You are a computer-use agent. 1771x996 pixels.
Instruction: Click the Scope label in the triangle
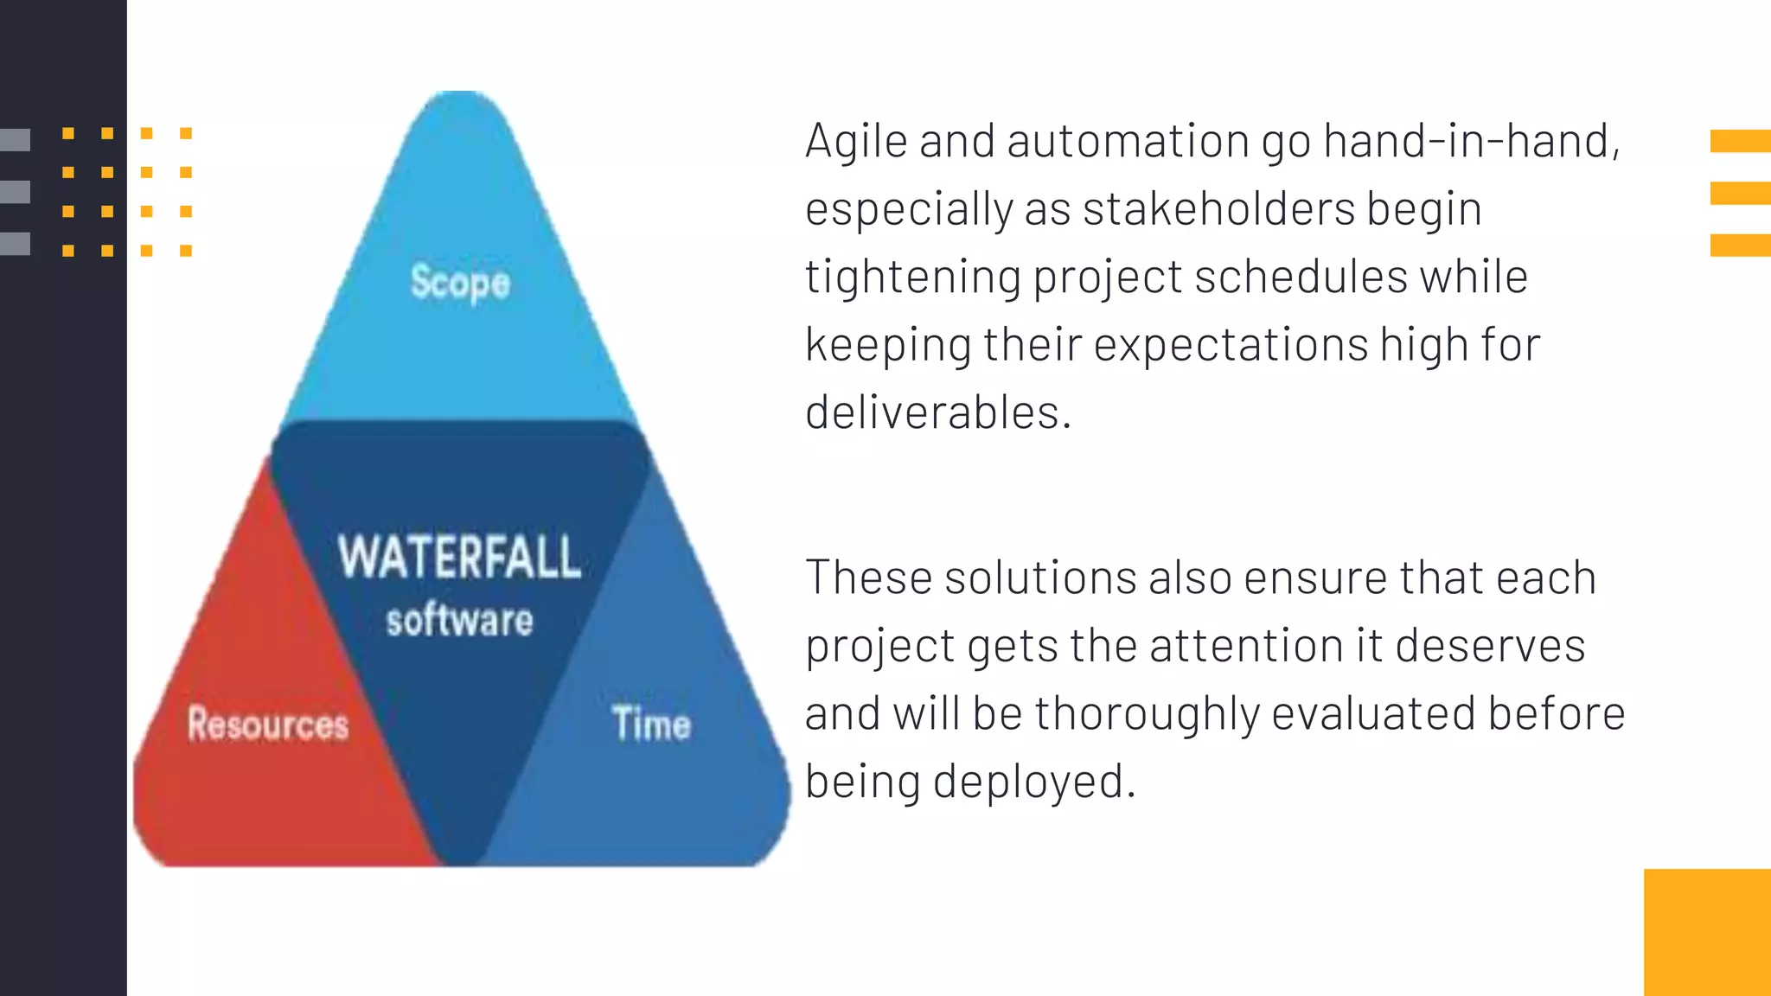pos(460,283)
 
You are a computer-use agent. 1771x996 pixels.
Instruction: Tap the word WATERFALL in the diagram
pos(459,558)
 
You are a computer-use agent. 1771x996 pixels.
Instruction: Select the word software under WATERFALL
pos(459,621)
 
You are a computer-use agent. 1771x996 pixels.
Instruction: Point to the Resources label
pos(268,724)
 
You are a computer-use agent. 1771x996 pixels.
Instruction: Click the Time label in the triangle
pos(651,724)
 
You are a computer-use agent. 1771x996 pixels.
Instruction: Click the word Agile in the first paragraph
pos(856,141)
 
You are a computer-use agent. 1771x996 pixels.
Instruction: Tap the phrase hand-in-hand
pos(1469,141)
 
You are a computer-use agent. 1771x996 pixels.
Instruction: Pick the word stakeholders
pos(1218,209)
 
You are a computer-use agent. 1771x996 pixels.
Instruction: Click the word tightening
pos(913,278)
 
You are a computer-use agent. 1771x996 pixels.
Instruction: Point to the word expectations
pos(1231,345)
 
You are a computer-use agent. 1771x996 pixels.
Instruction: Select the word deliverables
pos(937,412)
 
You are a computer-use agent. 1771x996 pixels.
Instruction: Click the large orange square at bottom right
pos(1707,932)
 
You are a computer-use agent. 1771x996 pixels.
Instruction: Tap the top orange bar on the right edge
pos(1740,141)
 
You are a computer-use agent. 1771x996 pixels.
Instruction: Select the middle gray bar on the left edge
pos(16,192)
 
